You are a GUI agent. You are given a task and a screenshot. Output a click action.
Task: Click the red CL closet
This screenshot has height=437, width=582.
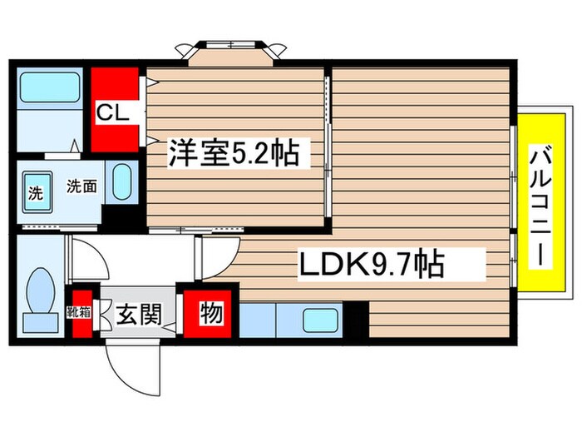pos(114,111)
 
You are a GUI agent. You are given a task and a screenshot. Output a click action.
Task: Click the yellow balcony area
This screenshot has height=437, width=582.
pos(540,203)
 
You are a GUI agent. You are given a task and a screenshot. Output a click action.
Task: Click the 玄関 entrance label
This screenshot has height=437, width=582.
pos(137,316)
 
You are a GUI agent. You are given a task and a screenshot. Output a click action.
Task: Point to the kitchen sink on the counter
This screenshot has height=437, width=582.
pos(318,320)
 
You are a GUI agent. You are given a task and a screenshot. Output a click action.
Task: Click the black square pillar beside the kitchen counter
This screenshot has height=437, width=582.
pos(356,320)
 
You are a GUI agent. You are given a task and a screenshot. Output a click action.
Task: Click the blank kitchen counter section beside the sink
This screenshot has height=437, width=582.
pos(264,321)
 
